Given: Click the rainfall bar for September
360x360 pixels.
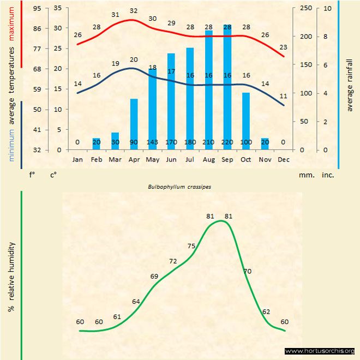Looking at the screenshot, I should pyautogui.click(x=227, y=87).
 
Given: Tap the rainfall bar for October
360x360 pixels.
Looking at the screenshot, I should pyautogui.click(x=246, y=121).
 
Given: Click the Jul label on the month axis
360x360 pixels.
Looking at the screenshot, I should pyautogui.click(x=190, y=159).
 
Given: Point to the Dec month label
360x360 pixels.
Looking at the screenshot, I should pyautogui.click(x=283, y=159).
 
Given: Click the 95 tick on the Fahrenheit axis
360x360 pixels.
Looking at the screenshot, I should pyautogui.click(x=37, y=9).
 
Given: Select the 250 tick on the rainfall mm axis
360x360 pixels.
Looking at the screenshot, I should pyautogui.click(x=307, y=9).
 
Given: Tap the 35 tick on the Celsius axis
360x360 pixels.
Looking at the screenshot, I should pyautogui.click(x=57, y=9).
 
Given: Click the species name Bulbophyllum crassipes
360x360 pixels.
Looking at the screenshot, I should pyautogui.click(x=179, y=186).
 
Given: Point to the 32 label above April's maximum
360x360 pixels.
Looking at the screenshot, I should pyautogui.click(x=134, y=11).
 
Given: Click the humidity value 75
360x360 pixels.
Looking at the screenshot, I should pyautogui.click(x=191, y=246).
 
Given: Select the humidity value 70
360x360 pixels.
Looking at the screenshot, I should pyautogui.click(x=247, y=271).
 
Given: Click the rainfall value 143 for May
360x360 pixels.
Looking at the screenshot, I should pyautogui.click(x=152, y=142).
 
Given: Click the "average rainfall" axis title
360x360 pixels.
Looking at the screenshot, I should pyautogui.click(x=350, y=83).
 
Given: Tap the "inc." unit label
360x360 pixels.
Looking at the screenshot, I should pyautogui.click(x=328, y=176).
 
